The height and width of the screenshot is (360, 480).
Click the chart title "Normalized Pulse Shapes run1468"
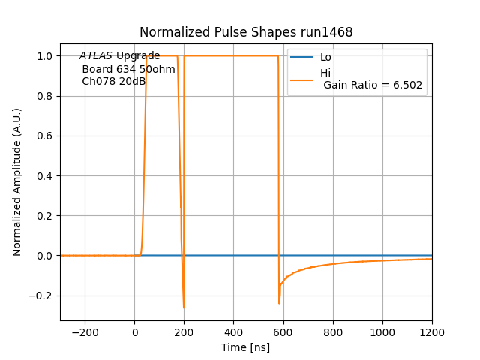(246, 33)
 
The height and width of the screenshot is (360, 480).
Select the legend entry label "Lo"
(325, 58)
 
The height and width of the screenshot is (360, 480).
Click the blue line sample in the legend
(301, 58)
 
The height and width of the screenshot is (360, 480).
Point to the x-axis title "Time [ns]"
(245, 347)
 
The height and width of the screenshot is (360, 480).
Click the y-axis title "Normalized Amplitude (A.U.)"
(17, 181)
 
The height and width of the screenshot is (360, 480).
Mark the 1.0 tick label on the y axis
(45, 56)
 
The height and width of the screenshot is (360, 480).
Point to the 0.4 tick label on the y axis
(45, 175)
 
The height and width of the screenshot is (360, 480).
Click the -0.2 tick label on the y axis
(42, 295)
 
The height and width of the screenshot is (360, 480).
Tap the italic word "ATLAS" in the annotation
(96, 56)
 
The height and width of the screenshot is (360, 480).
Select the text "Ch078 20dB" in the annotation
(113, 81)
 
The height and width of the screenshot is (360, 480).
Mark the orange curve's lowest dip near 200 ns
(183, 307)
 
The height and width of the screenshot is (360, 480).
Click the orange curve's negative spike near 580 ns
(279, 302)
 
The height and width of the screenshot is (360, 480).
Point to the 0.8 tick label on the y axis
(45, 96)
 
